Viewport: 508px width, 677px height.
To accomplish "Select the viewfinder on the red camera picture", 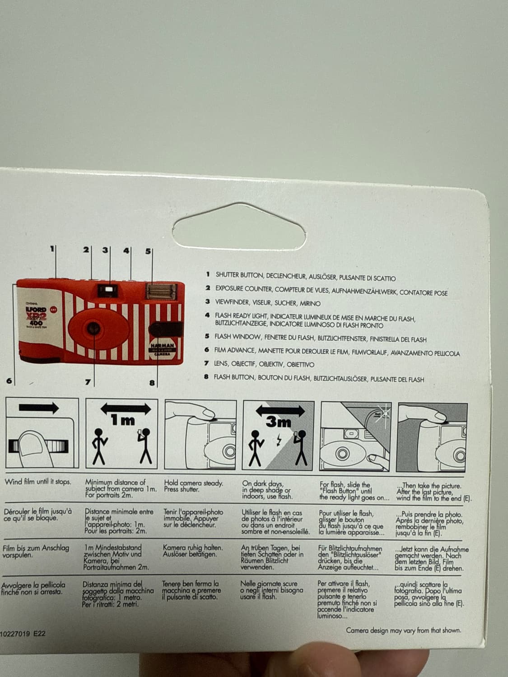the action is pyautogui.click(x=108, y=290).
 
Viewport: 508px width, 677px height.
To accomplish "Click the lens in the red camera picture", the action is pyautogui.click(x=93, y=328).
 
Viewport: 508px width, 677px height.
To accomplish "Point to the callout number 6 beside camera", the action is pyautogui.click(x=9, y=380).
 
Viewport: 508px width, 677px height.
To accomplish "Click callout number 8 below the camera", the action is pyautogui.click(x=152, y=383).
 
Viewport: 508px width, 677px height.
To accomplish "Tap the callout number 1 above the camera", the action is pyautogui.click(x=52, y=248).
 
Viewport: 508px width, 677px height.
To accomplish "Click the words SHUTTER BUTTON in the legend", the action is pyautogui.click(x=239, y=275).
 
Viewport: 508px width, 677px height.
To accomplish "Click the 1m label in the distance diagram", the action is pyautogui.click(x=122, y=420).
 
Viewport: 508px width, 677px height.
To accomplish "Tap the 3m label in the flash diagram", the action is pyautogui.click(x=279, y=422).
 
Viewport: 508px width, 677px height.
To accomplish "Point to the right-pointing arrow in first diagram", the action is pyautogui.click(x=39, y=408).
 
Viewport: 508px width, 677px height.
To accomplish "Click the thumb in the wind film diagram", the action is pyautogui.click(x=35, y=449).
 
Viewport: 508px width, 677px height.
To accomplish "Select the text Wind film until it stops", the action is pyautogui.click(x=38, y=482).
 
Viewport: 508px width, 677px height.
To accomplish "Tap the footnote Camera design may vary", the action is pyautogui.click(x=403, y=631).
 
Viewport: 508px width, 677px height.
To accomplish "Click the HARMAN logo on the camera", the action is pyautogui.click(x=162, y=346).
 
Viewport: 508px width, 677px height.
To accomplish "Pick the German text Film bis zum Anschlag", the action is pyautogui.click(x=36, y=548).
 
